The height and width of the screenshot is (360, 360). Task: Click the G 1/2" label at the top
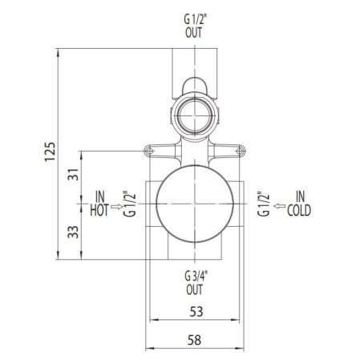[x=192, y=18]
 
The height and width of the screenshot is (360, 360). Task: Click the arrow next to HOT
[x=118, y=205]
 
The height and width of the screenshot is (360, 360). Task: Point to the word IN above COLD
[x=300, y=197]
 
